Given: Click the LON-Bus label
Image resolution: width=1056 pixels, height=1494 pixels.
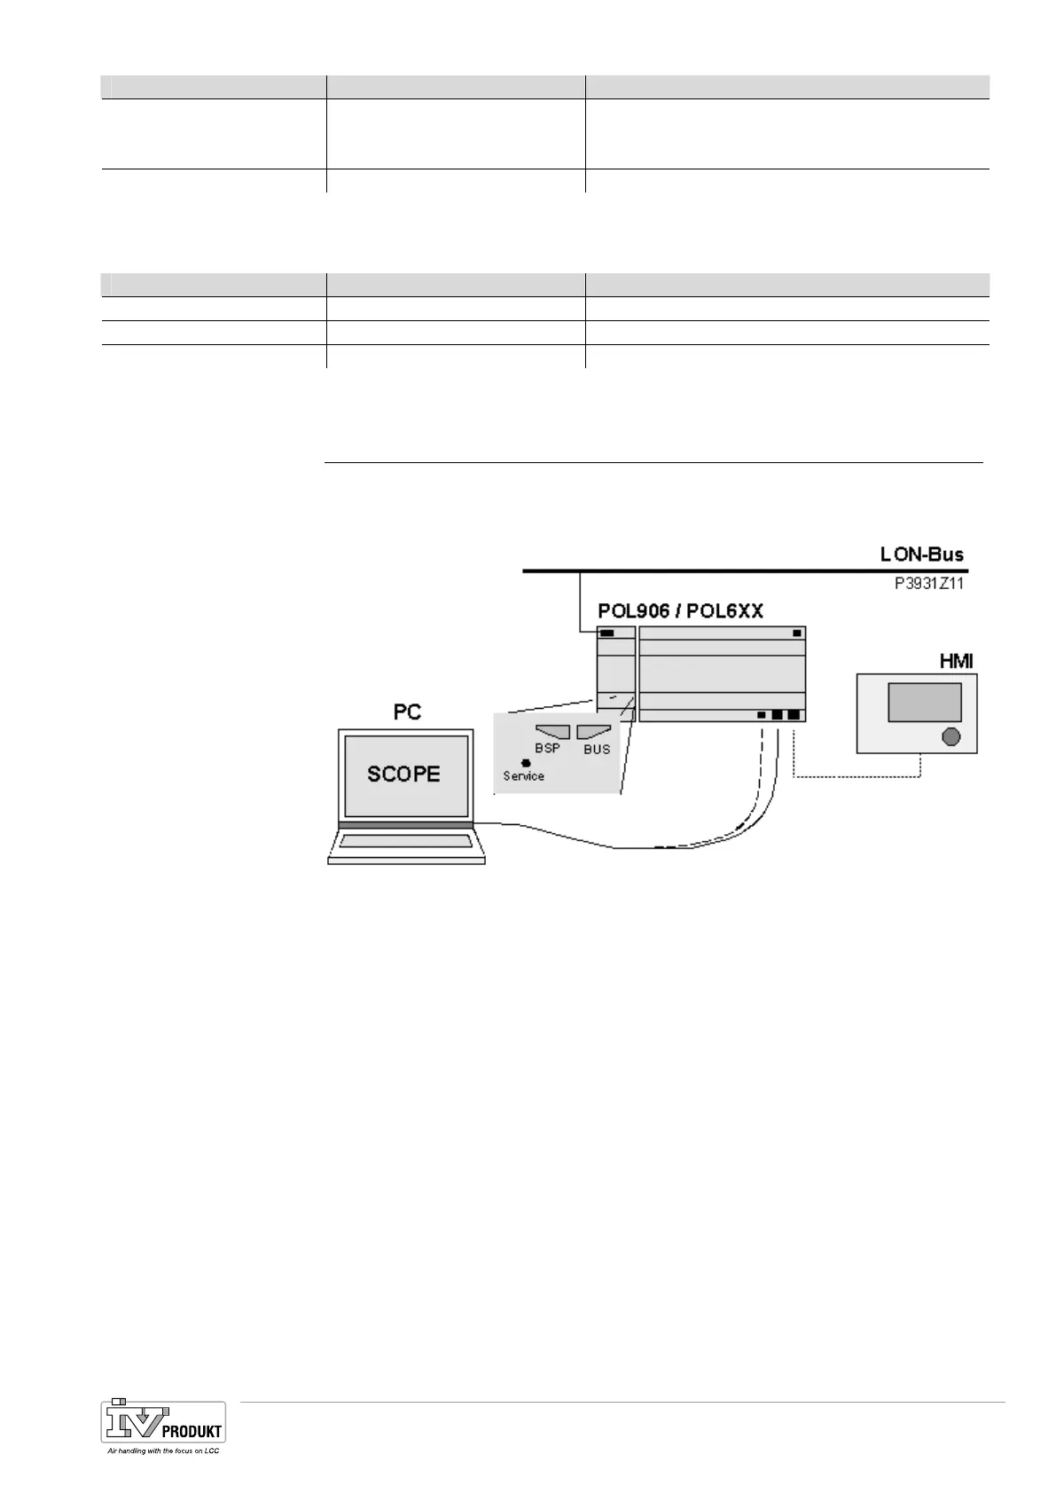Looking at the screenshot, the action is pos(921,555).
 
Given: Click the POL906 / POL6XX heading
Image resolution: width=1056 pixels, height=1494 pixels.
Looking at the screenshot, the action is pos(680,611).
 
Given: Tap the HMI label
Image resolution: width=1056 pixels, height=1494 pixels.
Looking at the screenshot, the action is pos(955,662).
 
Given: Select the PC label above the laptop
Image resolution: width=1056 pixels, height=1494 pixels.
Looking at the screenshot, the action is pos(407,712).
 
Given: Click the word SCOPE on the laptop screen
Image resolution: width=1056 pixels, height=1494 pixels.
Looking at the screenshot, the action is pos(403,774).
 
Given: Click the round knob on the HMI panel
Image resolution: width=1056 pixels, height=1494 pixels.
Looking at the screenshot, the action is pos(950,736).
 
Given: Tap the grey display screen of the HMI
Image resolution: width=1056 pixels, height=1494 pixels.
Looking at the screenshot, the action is pos(925,702).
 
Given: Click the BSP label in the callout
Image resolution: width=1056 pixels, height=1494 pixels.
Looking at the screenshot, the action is pos(547,749).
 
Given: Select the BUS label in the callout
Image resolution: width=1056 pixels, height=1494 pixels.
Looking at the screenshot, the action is pos(597,750).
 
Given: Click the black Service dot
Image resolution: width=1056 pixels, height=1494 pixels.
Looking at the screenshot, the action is pos(526,763).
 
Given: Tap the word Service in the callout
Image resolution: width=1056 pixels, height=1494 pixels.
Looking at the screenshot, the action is pos(523,776).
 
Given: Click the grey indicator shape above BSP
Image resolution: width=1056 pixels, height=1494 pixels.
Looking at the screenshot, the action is pos(552,732).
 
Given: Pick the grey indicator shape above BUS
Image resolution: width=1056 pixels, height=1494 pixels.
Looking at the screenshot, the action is pos(593,732).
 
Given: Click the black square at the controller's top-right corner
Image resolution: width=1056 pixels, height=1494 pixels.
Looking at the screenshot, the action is pos(797,633).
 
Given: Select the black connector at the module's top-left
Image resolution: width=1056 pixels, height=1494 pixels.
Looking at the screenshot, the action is pos(607,633).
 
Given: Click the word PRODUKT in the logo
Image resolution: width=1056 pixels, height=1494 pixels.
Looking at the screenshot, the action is pos(192,1431).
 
